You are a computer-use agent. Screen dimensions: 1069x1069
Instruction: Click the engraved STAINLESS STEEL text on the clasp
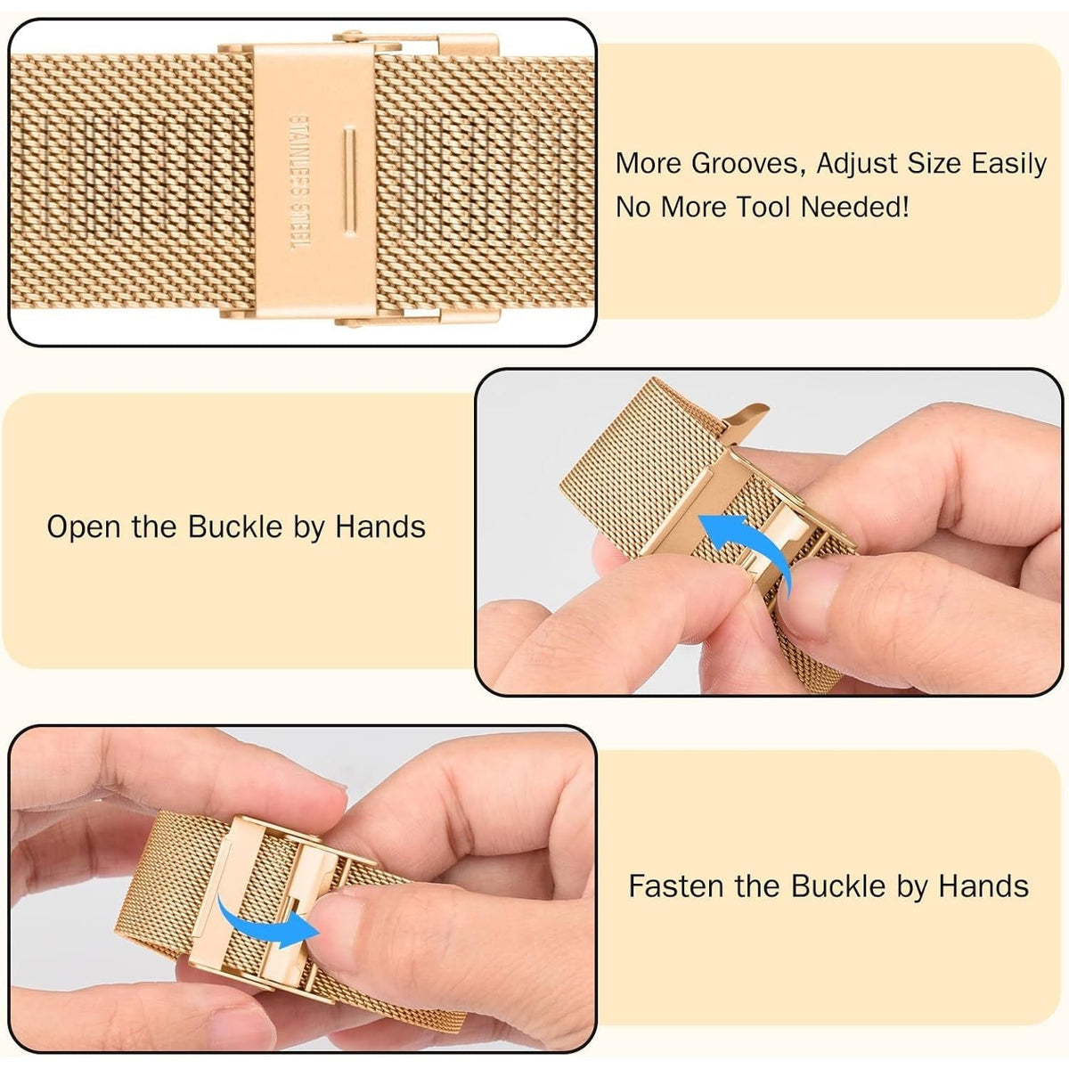pos(300,182)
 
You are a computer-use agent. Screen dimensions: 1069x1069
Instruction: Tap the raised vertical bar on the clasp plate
pos(349,182)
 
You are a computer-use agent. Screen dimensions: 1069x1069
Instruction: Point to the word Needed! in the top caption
pos(855,208)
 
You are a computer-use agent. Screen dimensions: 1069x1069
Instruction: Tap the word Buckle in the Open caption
pos(235,526)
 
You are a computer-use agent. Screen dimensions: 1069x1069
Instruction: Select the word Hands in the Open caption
pos(380,526)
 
